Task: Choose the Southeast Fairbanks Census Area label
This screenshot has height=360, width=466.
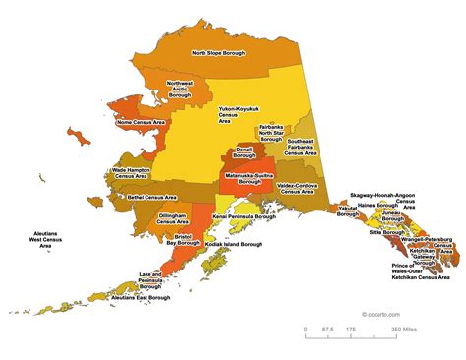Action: pyautogui.click(x=301, y=148)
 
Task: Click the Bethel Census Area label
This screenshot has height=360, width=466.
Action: pyautogui.click(x=152, y=197)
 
